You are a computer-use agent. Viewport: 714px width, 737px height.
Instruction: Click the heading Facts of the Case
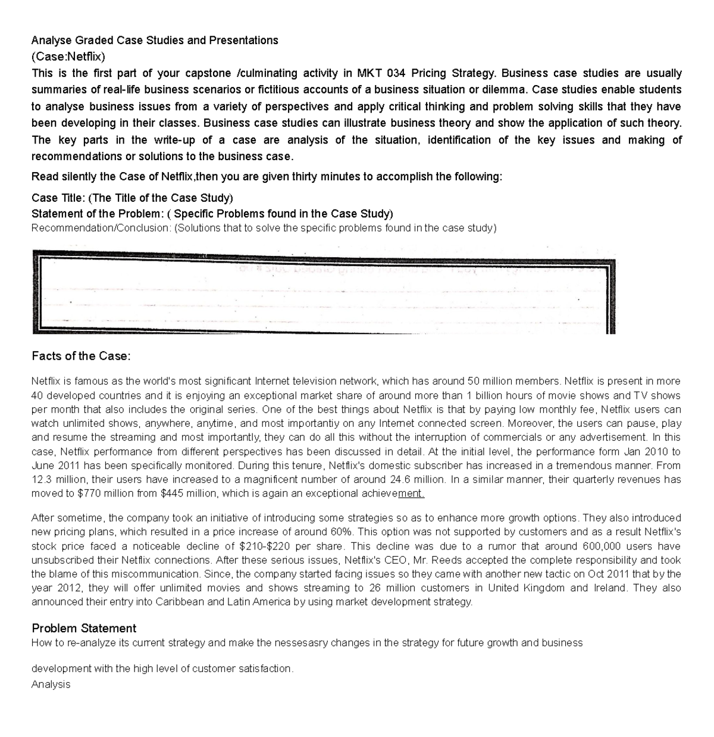coord(80,356)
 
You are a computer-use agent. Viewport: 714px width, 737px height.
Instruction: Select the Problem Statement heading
coord(84,628)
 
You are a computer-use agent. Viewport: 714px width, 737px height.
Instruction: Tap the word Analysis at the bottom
coord(51,684)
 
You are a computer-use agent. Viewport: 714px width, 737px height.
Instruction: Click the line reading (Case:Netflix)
coord(68,57)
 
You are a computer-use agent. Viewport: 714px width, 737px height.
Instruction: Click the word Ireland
coord(609,588)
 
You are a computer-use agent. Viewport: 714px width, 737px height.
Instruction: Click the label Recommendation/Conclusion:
coord(101,227)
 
